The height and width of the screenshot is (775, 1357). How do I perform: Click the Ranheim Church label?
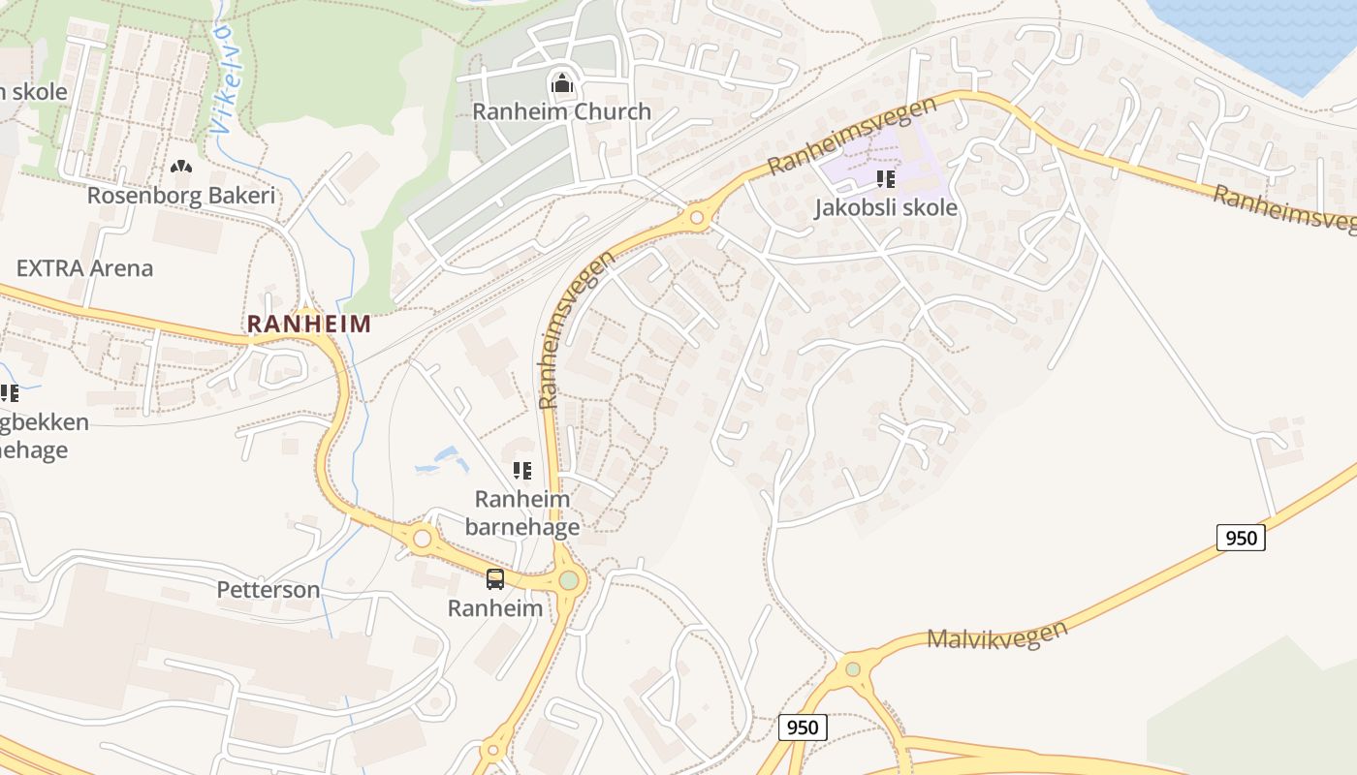tap(561, 111)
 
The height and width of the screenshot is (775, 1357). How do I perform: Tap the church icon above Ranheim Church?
tap(561, 84)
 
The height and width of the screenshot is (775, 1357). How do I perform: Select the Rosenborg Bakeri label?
tap(181, 195)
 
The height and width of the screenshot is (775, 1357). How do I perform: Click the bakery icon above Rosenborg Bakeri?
tap(180, 168)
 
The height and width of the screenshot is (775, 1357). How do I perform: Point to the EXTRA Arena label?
tap(84, 268)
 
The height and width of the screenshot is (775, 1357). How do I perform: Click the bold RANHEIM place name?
tap(308, 324)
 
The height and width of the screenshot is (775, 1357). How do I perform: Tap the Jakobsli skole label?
tap(885, 207)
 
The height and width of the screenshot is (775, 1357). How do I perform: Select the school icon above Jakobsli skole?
tap(884, 179)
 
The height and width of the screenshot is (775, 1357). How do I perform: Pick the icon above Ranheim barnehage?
tap(522, 471)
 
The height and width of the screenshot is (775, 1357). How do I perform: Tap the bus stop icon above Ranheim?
tap(495, 579)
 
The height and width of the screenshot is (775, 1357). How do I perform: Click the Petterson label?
tap(268, 589)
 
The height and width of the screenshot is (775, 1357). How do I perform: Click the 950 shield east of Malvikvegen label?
tap(1241, 538)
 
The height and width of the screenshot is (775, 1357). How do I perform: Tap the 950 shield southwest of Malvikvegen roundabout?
tap(803, 728)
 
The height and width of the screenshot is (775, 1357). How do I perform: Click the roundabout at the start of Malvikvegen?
tap(852, 668)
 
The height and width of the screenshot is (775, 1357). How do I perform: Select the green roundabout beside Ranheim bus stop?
tap(569, 580)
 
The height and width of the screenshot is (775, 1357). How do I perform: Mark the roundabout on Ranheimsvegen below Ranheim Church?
tap(696, 218)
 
